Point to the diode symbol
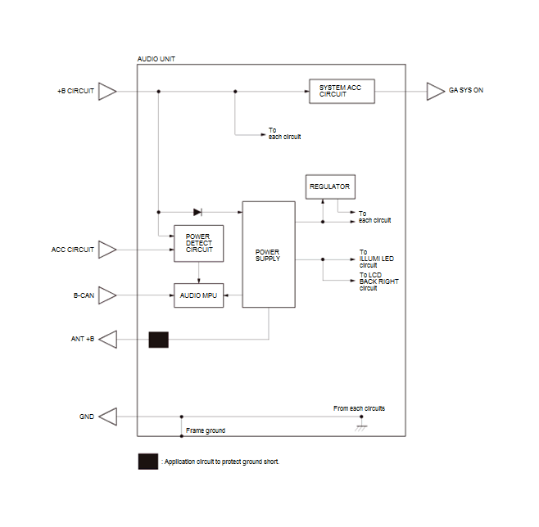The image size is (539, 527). [197, 212]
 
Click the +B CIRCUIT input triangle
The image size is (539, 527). [107, 92]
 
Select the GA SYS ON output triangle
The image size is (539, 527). [436, 92]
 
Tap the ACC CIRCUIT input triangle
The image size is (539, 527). [107, 250]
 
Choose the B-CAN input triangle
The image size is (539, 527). [107, 295]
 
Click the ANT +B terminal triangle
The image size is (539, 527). [108, 340]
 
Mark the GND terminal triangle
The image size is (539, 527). [108, 417]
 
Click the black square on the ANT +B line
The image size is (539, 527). [158, 340]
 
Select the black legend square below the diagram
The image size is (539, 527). [148, 462]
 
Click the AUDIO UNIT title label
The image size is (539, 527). [156, 59]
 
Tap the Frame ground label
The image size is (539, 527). [206, 430]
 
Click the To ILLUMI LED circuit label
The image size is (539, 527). [377, 259]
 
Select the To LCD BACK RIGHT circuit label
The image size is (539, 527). [378, 282]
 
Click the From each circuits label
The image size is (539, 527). [359, 408]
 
